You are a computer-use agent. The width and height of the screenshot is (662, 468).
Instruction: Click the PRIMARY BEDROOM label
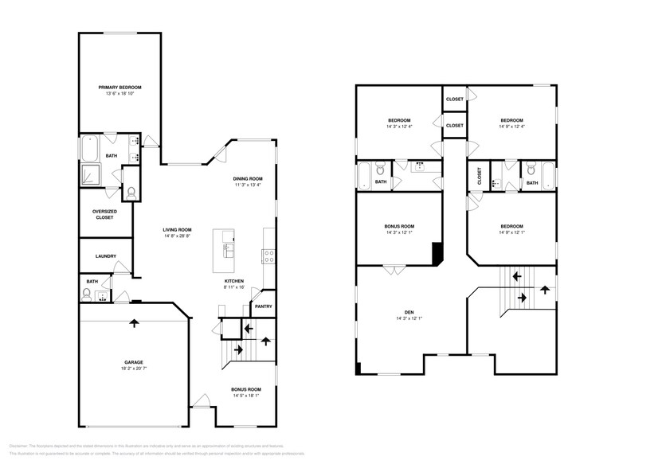[x=120, y=87]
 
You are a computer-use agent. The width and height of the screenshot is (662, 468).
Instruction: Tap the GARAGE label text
[x=133, y=362]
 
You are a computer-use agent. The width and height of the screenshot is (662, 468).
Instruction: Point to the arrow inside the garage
[x=133, y=322]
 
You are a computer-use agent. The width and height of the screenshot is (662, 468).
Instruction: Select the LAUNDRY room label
[x=106, y=256]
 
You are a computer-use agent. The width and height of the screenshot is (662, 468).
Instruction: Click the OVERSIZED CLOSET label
[x=105, y=214]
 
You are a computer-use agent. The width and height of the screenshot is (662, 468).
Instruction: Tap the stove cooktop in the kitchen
[x=269, y=256]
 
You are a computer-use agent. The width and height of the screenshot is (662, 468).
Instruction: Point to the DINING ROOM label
[x=248, y=179]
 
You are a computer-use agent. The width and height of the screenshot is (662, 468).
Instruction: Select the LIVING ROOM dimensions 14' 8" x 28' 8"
[x=178, y=236]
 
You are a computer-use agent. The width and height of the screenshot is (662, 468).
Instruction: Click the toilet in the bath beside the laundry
[x=87, y=294]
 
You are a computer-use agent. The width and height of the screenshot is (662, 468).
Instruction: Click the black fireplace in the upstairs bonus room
[x=436, y=253]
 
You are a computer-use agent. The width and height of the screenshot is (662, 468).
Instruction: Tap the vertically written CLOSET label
[x=480, y=177]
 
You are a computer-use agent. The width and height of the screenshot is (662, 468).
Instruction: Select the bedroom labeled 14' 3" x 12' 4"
[x=398, y=126]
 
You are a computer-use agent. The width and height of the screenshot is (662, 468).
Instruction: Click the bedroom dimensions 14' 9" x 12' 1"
[x=512, y=232]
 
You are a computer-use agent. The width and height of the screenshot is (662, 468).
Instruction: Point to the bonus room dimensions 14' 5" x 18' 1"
[x=245, y=394]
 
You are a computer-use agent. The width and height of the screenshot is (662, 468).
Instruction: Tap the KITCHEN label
[x=233, y=281]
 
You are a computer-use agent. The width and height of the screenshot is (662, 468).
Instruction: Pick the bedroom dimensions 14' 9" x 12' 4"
[x=512, y=126]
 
